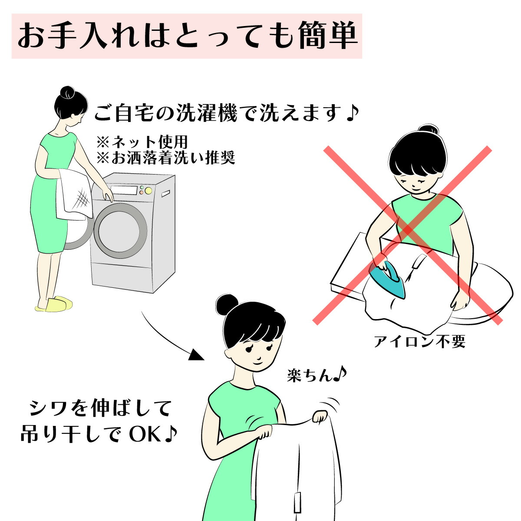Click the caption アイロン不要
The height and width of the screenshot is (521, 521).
pyautogui.click(x=419, y=342)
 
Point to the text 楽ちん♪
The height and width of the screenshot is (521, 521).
pyautogui.click(x=316, y=374)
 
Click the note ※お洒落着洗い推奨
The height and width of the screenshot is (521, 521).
pyautogui.click(x=165, y=157)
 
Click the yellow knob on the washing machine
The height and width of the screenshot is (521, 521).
pyautogui.click(x=148, y=190)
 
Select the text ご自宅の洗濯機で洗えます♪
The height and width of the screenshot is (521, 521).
pyautogui.click(x=226, y=114)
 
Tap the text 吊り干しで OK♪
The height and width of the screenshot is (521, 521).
pyautogui.click(x=99, y=435)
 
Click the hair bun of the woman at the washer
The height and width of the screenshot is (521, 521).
pyautogui.click(x=68, y=92)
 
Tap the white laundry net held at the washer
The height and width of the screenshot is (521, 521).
pyautogui.click(x=75, y=194)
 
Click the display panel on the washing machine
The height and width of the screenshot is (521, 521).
pyautogui.click(x=124, y=190)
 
